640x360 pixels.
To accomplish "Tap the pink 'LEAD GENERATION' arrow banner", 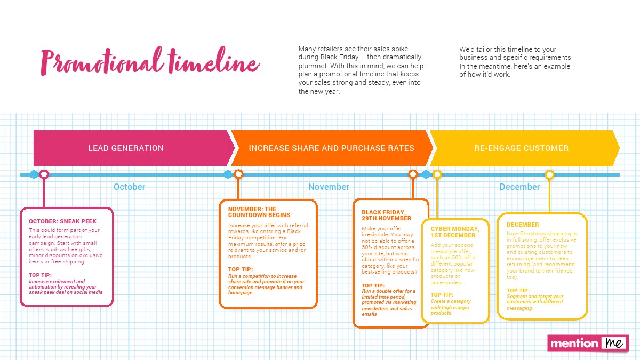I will [x=126, y=148].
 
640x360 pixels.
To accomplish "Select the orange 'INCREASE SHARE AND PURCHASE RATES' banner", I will [x=331, y=148].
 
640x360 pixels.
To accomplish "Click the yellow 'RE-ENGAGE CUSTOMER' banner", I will [x=521, y=148].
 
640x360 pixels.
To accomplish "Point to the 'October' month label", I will [x=129, y=187].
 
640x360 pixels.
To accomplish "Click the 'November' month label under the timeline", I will [x=329, y=187].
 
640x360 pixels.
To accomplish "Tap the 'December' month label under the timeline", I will [x=519, y=187].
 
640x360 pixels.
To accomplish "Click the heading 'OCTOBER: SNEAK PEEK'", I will [x=62, y=221].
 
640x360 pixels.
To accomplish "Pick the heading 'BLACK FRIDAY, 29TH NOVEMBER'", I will [x=387, y=215].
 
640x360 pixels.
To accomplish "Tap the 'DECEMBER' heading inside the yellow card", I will [x=523, y=225].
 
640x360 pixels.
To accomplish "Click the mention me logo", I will [x=588, y=343].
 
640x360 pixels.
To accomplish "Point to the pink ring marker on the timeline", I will [x=44, y=174].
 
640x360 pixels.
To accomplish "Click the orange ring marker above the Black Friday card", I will [x=413, y=174].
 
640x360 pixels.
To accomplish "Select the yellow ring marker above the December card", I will [x=549, y=174].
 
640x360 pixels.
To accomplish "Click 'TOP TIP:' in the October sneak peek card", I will [x=40, y=275].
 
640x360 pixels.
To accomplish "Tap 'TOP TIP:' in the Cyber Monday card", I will [x=442, y=295].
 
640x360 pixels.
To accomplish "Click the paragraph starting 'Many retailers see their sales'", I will [x=361, y=70].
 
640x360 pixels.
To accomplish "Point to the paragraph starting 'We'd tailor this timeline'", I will [x=515, y=62].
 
